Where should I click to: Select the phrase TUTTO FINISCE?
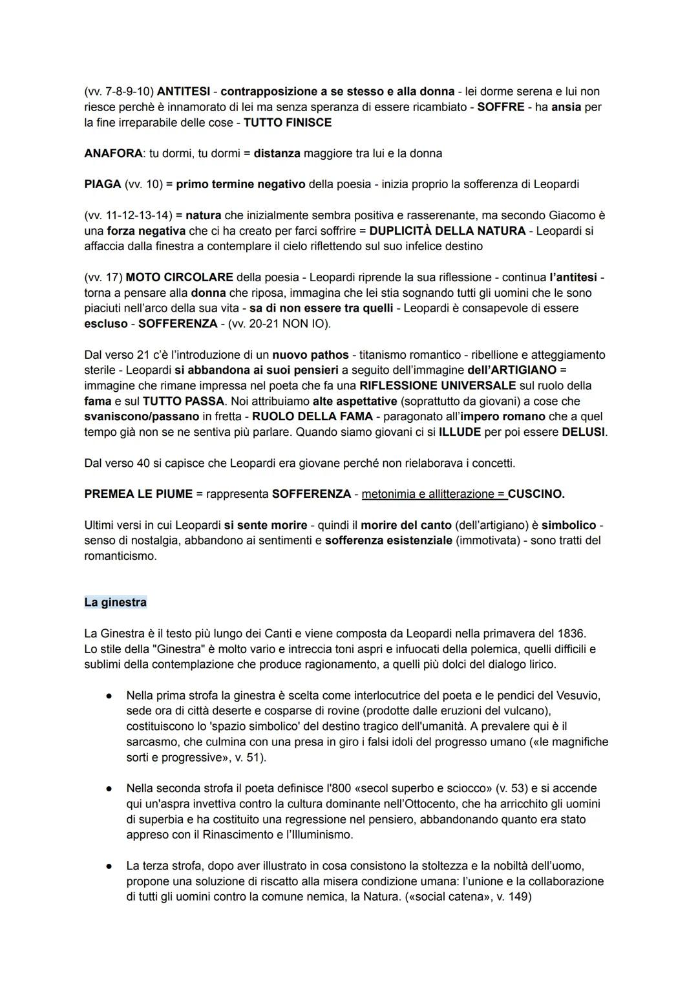coord(288,123)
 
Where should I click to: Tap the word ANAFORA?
coord(112,154)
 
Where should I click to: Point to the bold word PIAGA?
coord(103,184)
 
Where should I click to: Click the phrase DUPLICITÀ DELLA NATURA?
coord(447,231)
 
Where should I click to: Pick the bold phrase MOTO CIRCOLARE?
coord(179,277)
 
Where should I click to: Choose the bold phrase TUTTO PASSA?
coord(184,402)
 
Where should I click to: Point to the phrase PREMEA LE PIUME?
coord(138,494)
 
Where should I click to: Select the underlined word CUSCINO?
coord(536,494)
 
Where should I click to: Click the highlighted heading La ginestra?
coord(116,603)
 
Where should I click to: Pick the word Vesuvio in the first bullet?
coord(579,696)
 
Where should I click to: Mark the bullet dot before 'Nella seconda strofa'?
coord(110,789)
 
